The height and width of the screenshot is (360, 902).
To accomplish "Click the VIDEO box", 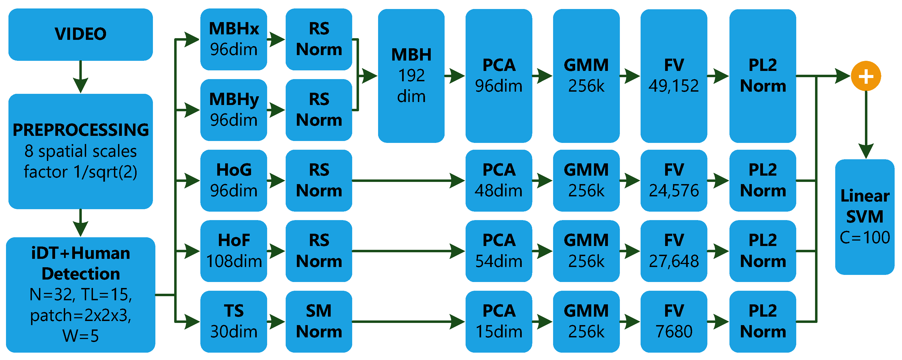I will click(x=80, y=34).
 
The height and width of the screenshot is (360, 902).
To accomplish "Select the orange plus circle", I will click(x=865, y=76).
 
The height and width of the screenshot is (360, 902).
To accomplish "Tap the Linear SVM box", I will click(x=865, y=217).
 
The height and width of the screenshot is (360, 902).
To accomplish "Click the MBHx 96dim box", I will click(x=234, y=39).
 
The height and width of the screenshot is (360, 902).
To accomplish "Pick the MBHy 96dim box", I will click(x=234, y=110).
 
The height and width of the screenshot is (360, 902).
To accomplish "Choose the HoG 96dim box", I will click(x=234, y=180).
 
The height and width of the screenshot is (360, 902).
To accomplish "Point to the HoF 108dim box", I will click(x=234, y=251).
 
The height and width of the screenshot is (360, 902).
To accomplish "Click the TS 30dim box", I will click(x=234, y=321).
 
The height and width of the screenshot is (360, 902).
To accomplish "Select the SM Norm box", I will click(x=319, y=321).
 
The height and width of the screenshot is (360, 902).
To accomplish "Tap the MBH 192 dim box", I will click(x=411, y=76).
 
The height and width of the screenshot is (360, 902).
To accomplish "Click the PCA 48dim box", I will click(x=499, y=180).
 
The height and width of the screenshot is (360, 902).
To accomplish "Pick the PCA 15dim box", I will click(x=499, y=321).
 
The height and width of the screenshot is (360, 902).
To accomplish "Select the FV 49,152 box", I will click(x=673, y=76).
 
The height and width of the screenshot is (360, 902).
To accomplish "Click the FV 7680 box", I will click(x=673, y=321).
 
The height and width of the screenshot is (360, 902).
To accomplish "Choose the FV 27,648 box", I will click(x=673, y=251).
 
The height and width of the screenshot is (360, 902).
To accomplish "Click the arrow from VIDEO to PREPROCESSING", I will click(x=80, y=77).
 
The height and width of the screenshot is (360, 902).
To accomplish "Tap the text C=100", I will click(x=865, y=238).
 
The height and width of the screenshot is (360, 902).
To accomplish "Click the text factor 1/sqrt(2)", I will click(x=80, y=172).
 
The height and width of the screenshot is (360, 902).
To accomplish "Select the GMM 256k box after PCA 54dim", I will click(x=586, y=251).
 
